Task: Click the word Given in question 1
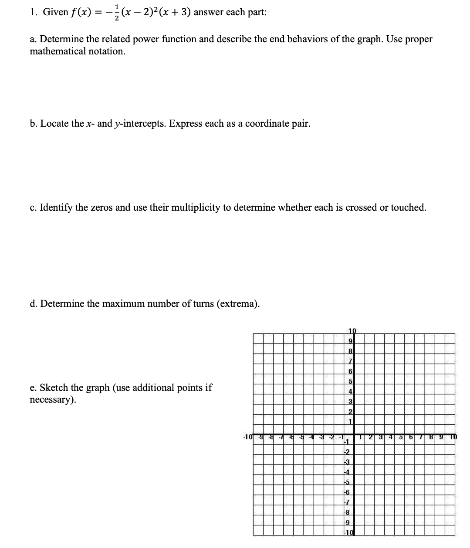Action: point(55,13)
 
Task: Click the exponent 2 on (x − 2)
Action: point(152,9)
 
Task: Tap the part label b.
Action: point(33,124)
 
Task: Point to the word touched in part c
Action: point(408,208)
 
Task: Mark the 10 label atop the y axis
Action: point(352,331)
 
